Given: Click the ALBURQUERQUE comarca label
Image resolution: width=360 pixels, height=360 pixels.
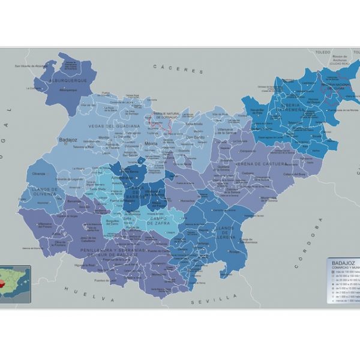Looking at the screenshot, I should coord(68,80).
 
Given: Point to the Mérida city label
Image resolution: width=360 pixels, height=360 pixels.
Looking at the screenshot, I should coord(151,144).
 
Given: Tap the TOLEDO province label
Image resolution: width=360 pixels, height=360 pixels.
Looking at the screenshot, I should coord(323,53).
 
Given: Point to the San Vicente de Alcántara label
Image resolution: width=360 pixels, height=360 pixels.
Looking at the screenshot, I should coord(31,65).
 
